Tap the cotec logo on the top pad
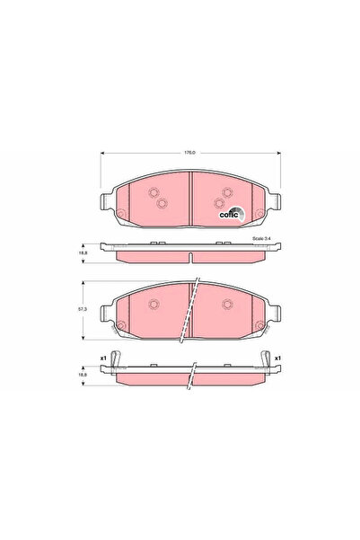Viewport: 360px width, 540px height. (229, 212)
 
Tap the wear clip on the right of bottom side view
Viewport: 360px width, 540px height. (268, 363)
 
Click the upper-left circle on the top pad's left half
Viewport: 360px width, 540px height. (153, 191)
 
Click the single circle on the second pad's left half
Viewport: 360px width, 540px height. (153, 302)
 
